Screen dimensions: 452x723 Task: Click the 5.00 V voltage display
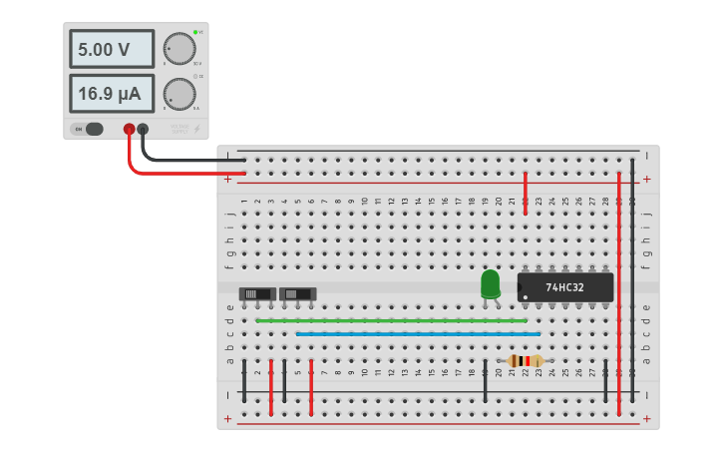tap(111, 49)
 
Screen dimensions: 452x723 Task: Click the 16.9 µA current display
tap(111, 94)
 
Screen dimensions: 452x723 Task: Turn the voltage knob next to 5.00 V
tap(180, 48)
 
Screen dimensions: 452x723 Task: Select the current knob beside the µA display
tap(180, 94)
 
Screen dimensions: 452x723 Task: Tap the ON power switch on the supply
tap(92, 129)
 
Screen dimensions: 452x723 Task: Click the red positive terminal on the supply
tap(129, 129)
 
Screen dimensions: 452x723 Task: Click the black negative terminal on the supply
tap(143, 129)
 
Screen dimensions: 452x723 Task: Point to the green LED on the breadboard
tap(490, 283)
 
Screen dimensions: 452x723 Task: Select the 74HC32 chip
tap(564, 287)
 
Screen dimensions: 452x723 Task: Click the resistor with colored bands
tap(525, 361)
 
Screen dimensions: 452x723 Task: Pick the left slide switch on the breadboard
tap(257, 293)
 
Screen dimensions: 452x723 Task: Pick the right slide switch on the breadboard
tap(297, 293)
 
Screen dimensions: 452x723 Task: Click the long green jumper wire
tap(391, 320)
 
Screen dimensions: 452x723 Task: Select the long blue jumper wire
tap(418, 334)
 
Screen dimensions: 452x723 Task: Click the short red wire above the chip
tap(526, 193)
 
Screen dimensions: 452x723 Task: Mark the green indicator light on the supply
tap(194, 32)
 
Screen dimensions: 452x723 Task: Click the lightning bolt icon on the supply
tap(196, 129)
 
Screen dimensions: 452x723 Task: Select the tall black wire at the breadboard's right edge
tap(632, 279)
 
